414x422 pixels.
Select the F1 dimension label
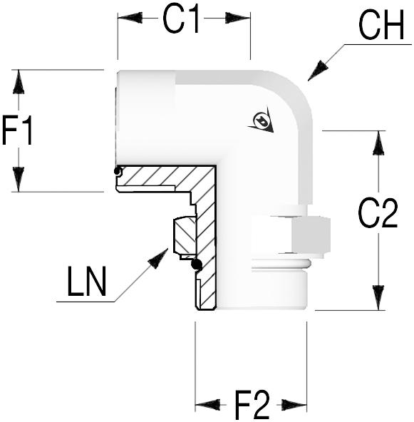17,130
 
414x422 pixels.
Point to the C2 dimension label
378,213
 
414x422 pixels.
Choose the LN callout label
87,282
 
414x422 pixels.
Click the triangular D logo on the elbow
262,120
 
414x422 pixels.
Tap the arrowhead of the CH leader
318,71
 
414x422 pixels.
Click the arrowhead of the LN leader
158,258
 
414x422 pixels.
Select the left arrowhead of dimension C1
130,18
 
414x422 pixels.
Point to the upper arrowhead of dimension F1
19,82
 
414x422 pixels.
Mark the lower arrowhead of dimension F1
19,179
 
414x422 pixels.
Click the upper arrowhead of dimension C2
378,143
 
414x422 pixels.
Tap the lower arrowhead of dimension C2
378,298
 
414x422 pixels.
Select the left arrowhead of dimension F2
207,404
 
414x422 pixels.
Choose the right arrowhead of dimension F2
294,404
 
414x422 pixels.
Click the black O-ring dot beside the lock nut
197,264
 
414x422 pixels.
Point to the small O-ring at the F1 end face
117,171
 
